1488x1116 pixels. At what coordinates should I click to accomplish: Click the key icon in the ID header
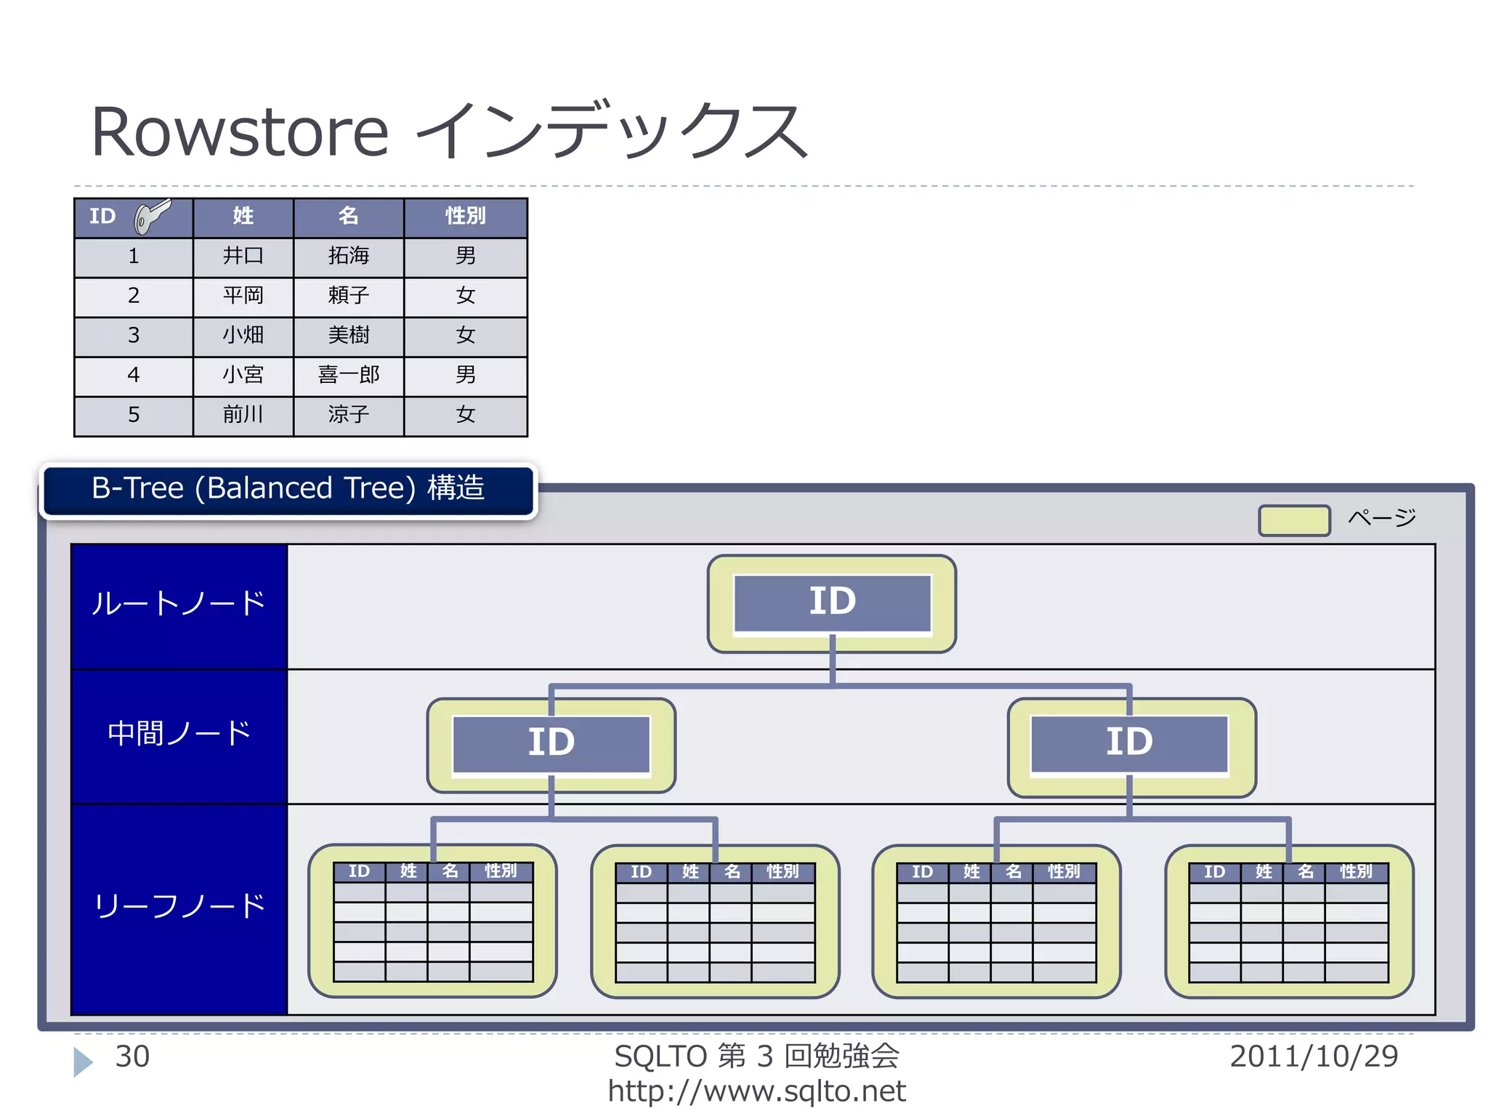click(152, 216)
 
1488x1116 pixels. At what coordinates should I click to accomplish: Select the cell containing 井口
click(243, 256)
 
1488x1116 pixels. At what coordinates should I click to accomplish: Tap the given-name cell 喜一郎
click(348, 375)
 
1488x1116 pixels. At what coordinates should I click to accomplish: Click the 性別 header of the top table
click(465, 216)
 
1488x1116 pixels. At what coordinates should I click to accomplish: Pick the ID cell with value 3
click(134, 335)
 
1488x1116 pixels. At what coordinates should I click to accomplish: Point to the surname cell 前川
click(243, 415)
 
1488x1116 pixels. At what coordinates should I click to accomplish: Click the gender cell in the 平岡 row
click(465, 296)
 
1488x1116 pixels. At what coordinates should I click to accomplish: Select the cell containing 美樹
click(348, 335)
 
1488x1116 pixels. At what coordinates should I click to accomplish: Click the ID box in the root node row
click(832, 602)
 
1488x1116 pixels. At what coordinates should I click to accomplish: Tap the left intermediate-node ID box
click(551, 743)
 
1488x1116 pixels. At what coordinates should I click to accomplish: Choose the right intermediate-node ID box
click(1129, 743)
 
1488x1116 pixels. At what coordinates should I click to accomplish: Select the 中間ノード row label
click(179, 734)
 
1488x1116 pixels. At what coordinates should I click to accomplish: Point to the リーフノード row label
click(179, 907)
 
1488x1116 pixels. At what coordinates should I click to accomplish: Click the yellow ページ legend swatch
click(1294, 520)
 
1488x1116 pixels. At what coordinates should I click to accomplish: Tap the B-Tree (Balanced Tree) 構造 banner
click(288, 489)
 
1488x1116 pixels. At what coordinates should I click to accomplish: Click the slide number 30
click(132, 1056)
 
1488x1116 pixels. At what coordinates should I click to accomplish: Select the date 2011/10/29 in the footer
click(1313, 1056)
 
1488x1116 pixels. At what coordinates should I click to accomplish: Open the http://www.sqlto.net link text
click(756, 1091)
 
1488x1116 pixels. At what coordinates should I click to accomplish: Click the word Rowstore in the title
click(240, 132)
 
